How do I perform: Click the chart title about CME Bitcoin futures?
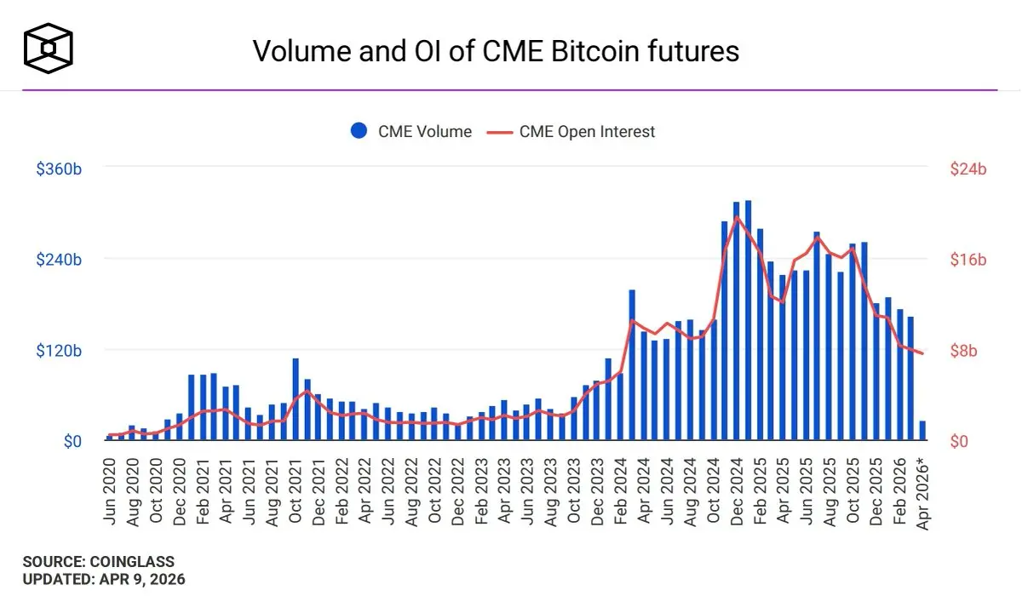coord(496,51)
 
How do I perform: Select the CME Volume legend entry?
coord(411,131)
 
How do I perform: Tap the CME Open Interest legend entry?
coord(571,131)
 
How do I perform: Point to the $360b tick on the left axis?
coord(59,169)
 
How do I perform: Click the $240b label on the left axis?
coord(59,260)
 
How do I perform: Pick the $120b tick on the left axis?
coord(59,351)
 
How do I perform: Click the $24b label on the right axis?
coord(967,169)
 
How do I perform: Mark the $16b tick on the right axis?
coord(967,260)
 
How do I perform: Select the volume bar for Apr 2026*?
coord(922,430)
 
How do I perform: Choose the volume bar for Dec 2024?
coord(736,321)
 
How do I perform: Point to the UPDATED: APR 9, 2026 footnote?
coord(103,579)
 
